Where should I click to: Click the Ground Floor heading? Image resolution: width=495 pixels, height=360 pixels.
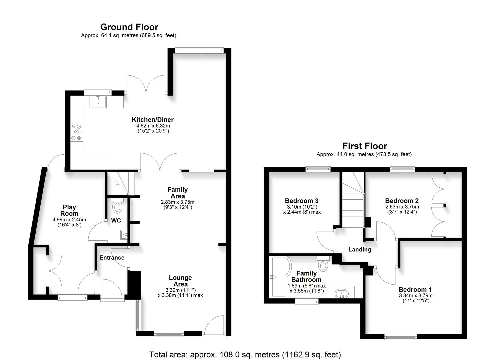pos(129,27)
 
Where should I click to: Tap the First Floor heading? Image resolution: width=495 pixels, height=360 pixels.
pos(365,146)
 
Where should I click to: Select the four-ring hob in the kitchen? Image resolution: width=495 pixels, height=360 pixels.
pos(76,132)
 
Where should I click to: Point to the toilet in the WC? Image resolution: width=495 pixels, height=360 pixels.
pos(117,207)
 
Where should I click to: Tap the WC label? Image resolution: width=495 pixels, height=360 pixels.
pos(116,221)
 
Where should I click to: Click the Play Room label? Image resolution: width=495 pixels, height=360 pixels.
pos(69,210)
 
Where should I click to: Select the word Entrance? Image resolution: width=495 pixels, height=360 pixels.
pos(112,258)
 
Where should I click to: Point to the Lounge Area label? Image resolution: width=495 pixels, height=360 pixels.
pos(180,281)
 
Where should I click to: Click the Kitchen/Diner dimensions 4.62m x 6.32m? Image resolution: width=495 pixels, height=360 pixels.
pos(153,126)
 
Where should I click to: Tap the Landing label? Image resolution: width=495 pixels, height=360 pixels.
pos(360,249)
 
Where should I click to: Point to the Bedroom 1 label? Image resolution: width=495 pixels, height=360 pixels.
pos(415,289)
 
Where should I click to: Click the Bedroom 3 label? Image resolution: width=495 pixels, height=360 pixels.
pos(302,201)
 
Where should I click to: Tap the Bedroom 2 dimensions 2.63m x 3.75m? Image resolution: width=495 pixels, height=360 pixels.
pos(402,207)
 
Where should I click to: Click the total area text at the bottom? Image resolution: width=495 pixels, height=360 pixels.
pos(245,354)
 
